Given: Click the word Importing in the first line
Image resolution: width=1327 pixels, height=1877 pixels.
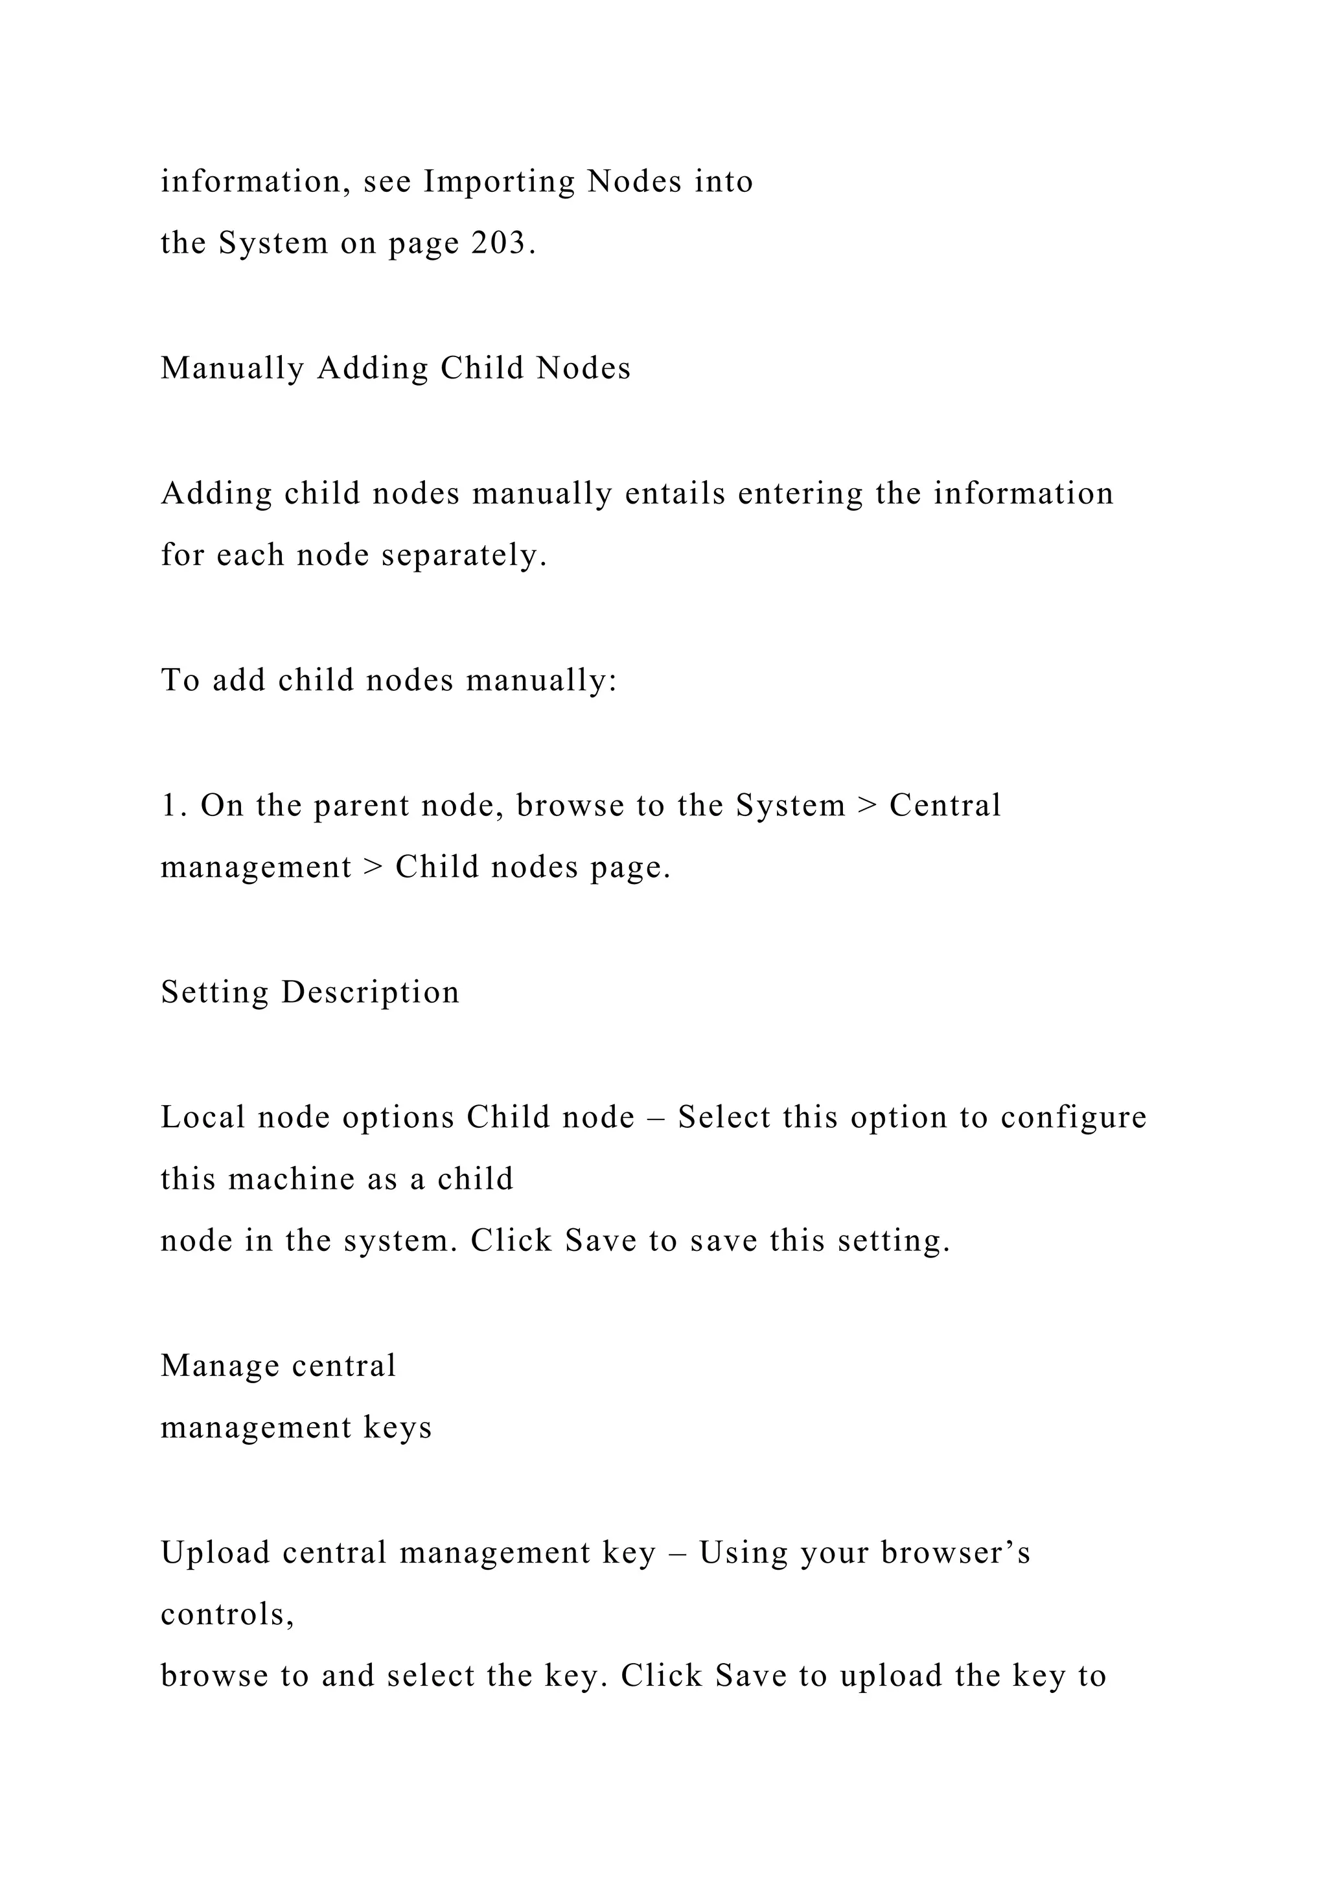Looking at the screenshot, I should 500,181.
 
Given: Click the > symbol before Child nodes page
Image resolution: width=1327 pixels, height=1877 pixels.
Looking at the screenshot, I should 373,867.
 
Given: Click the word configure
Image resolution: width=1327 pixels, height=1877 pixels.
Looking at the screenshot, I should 1074,1117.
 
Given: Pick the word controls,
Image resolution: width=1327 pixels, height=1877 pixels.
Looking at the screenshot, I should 227,1615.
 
